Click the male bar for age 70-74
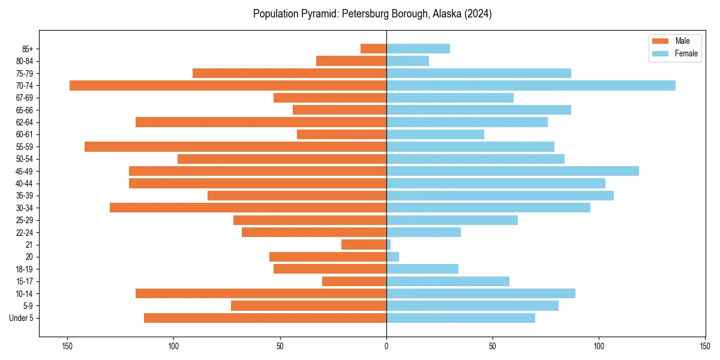coord(228,85)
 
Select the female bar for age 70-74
coord(531,85)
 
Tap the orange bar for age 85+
coord(373,49)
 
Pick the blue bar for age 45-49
coord(512,171)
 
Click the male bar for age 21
coord(364,244)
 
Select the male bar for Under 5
coord(265,318)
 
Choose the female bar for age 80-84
coord(408,61)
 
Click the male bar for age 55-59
coord(235,146)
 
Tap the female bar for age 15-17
coord(448,281)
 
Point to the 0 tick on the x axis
coord(386,346)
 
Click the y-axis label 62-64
coord(25,122)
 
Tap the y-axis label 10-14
coord(25,293)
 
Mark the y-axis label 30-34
coord(25,208)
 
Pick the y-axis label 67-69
coord(25,98)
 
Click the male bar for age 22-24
coord(314,232)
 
